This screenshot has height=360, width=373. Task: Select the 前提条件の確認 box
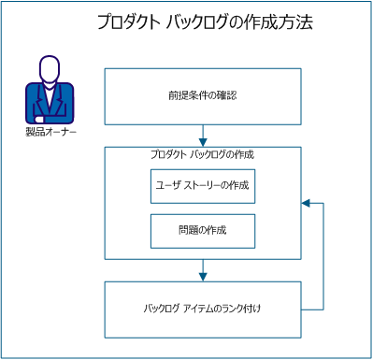[x=202, y=94]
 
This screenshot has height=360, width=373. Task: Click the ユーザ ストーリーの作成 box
[x=203, y=185]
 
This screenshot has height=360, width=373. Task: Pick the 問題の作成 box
[x=203, y=230]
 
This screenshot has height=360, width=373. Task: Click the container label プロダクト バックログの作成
[x=202, y=154]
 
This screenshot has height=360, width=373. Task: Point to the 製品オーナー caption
[x=50, y=132]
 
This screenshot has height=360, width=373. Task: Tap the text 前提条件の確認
[x=202, y=94]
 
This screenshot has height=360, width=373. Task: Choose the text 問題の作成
[x=203, y=230]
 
